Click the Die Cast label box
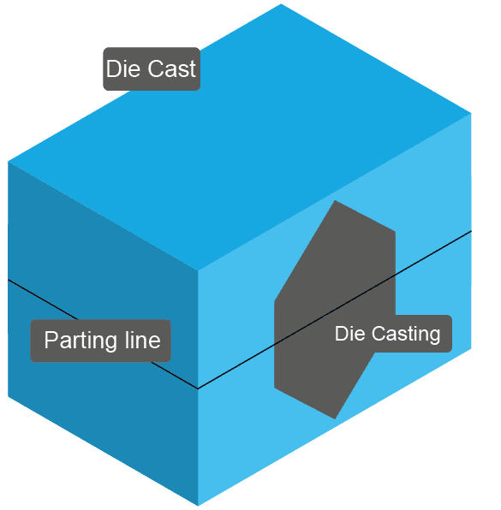pos(152,69)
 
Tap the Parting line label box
pos(101,341)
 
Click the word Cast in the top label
pos(172,69)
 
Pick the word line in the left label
pos(140,341)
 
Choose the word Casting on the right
pos(407,334)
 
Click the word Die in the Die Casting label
pos(349,334)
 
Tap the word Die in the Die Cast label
pos(122,69)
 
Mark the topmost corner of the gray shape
pos(335,200)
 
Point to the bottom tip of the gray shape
pos(334,418)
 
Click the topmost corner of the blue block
pos(281,3)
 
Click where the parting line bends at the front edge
pos(198,388)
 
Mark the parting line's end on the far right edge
pos(472,231)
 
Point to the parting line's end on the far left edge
pos(9,280)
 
